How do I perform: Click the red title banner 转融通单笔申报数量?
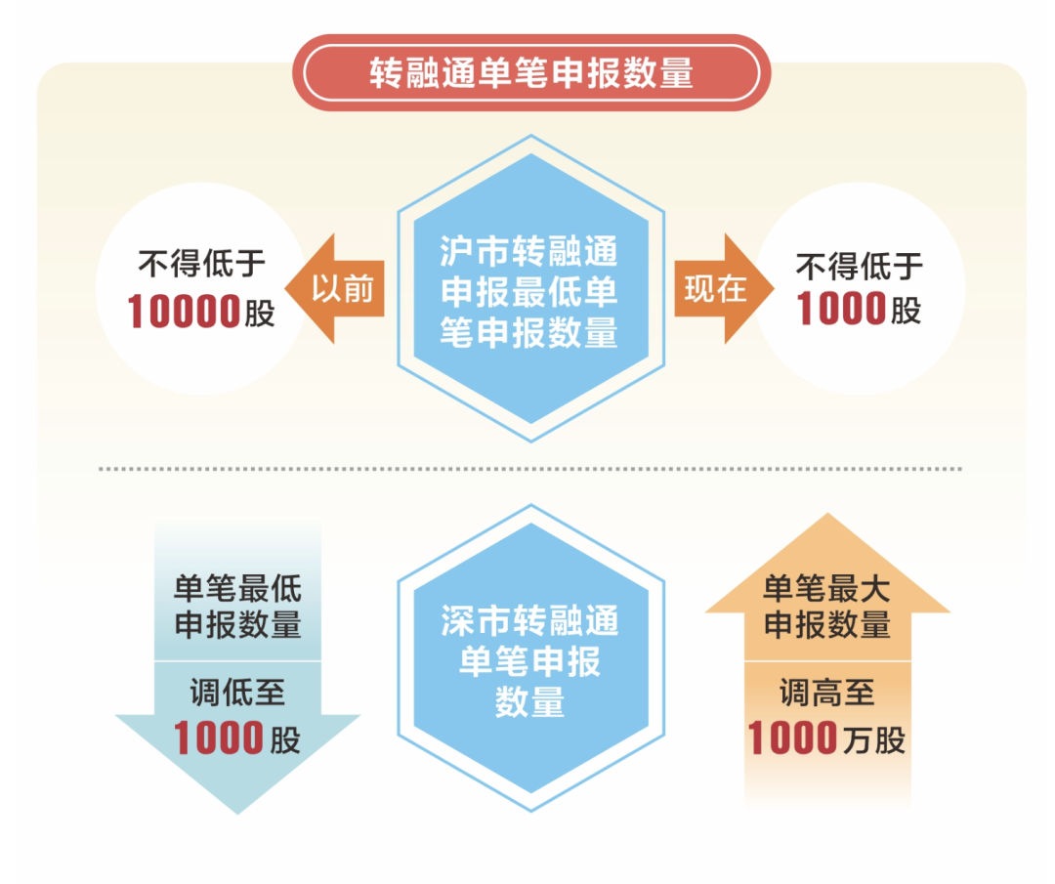[x=530, y=72]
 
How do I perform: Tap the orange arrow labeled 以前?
[x=335, y=288]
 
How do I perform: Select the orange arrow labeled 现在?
[x=724, y=288]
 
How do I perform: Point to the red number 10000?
[x=184, y=312]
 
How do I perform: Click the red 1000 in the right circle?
[x=841, y=309]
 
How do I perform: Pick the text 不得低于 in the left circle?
[x=202, y=263]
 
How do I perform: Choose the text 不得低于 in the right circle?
[x=860, y=267]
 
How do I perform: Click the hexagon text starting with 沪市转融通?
[x=528, y=292]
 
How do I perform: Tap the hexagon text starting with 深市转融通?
[x=529, y=661]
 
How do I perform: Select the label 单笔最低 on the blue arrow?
[x=237, y=589]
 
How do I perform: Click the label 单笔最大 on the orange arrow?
[x=827, y=589]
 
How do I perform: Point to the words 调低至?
[x=237, y=693]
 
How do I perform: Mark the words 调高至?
[x=827, y=693]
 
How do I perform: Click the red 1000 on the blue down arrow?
[x=219, y=738]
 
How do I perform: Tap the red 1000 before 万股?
[x=792, y=738]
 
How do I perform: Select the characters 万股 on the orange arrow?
[x=873, y=740]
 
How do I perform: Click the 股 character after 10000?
[x=260, y=314]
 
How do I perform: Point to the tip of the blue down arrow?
[x=237, y=814]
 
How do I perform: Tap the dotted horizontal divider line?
[x=530, y=468]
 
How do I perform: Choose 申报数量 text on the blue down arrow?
[x=237, y=624]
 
